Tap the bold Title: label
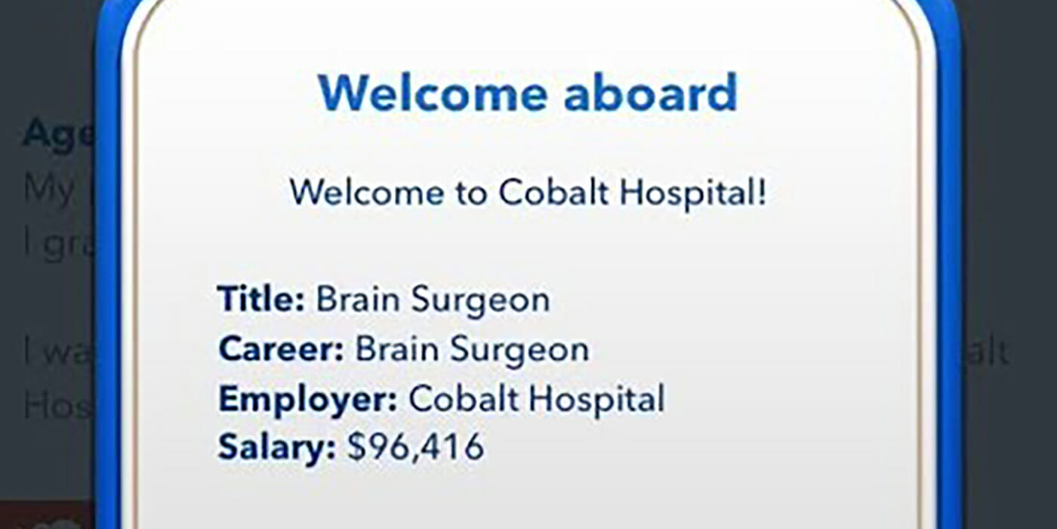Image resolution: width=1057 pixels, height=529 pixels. (x=261, y=299)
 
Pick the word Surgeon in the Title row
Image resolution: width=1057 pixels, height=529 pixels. (x=481, y=301)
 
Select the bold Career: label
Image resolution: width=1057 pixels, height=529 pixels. (x=281, y=349)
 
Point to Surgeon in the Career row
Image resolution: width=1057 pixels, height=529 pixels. (x=520, y=351)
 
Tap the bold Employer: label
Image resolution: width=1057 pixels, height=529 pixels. (x=307, y=399)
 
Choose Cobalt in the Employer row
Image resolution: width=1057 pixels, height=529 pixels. (x=462, y=399)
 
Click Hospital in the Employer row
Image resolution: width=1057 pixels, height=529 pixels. (x=596, y=401)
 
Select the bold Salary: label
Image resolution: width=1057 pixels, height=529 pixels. (x=276, y=448)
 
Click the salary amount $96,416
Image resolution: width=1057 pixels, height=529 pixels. (x=415, y=448)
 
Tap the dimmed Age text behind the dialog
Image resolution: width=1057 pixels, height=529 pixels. (x=58, y=135)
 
